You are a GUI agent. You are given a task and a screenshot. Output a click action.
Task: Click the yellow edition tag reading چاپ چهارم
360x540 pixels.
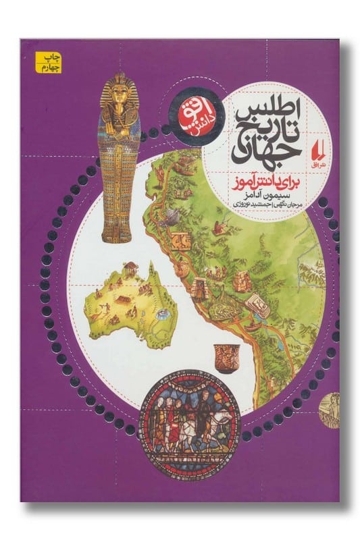coord(36,60)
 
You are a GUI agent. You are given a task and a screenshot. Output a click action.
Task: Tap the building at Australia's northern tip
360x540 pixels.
coord(130,265)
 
